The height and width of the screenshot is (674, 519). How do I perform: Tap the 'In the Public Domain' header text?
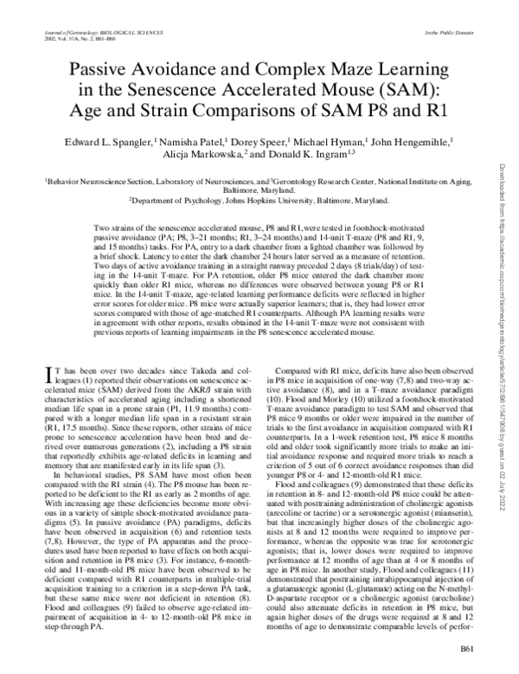445,31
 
